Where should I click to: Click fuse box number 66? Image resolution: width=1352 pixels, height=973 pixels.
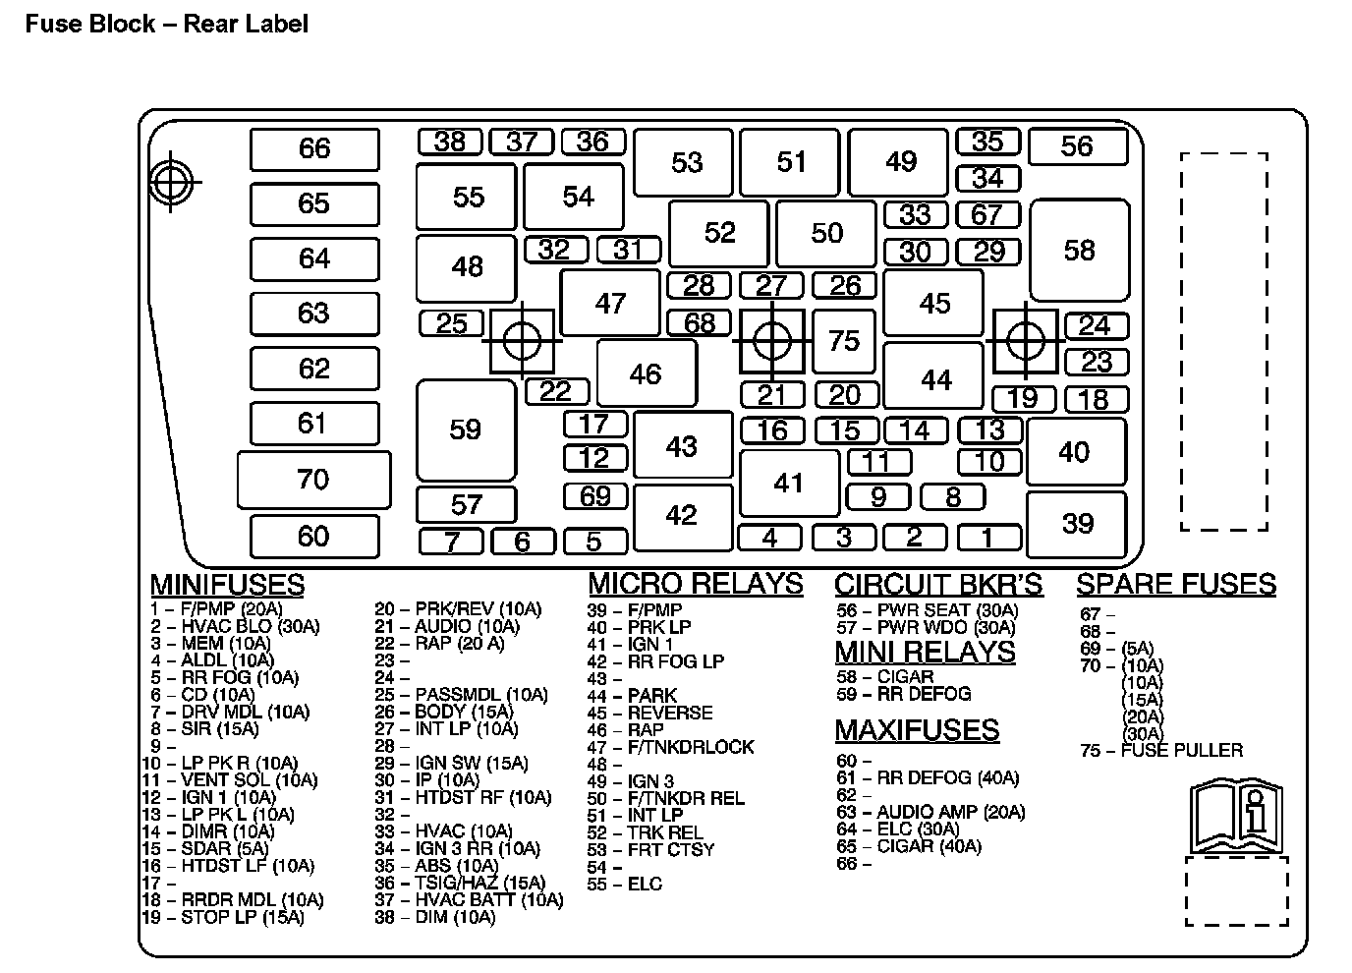314,149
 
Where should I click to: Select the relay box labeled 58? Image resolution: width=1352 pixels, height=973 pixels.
1079,251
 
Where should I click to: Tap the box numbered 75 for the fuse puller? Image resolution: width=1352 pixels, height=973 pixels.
844,341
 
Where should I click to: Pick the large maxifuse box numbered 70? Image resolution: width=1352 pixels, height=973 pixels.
313,480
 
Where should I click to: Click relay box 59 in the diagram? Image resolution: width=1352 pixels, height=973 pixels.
466,429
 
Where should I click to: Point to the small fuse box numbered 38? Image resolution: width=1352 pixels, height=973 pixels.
449,142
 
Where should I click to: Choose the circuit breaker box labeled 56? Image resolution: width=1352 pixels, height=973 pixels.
1077,147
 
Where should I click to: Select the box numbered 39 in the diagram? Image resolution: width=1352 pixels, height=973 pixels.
1077,523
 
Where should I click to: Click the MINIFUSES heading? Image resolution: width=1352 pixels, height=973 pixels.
227,585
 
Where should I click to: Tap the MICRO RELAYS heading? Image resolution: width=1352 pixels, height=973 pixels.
695,584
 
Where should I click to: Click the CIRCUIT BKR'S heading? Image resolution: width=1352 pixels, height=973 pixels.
938,585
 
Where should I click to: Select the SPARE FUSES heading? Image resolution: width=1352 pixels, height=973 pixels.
1176,584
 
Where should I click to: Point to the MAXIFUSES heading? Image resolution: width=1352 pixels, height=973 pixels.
917,730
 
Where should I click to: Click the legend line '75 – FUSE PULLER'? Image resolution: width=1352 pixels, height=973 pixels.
1160,751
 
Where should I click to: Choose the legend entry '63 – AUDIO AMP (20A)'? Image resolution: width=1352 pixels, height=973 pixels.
930,812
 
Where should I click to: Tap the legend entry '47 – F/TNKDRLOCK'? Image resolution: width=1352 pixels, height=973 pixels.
670,747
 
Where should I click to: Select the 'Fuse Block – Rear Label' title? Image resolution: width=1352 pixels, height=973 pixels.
166,24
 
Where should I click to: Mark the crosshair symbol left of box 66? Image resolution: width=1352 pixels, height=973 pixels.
172,182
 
